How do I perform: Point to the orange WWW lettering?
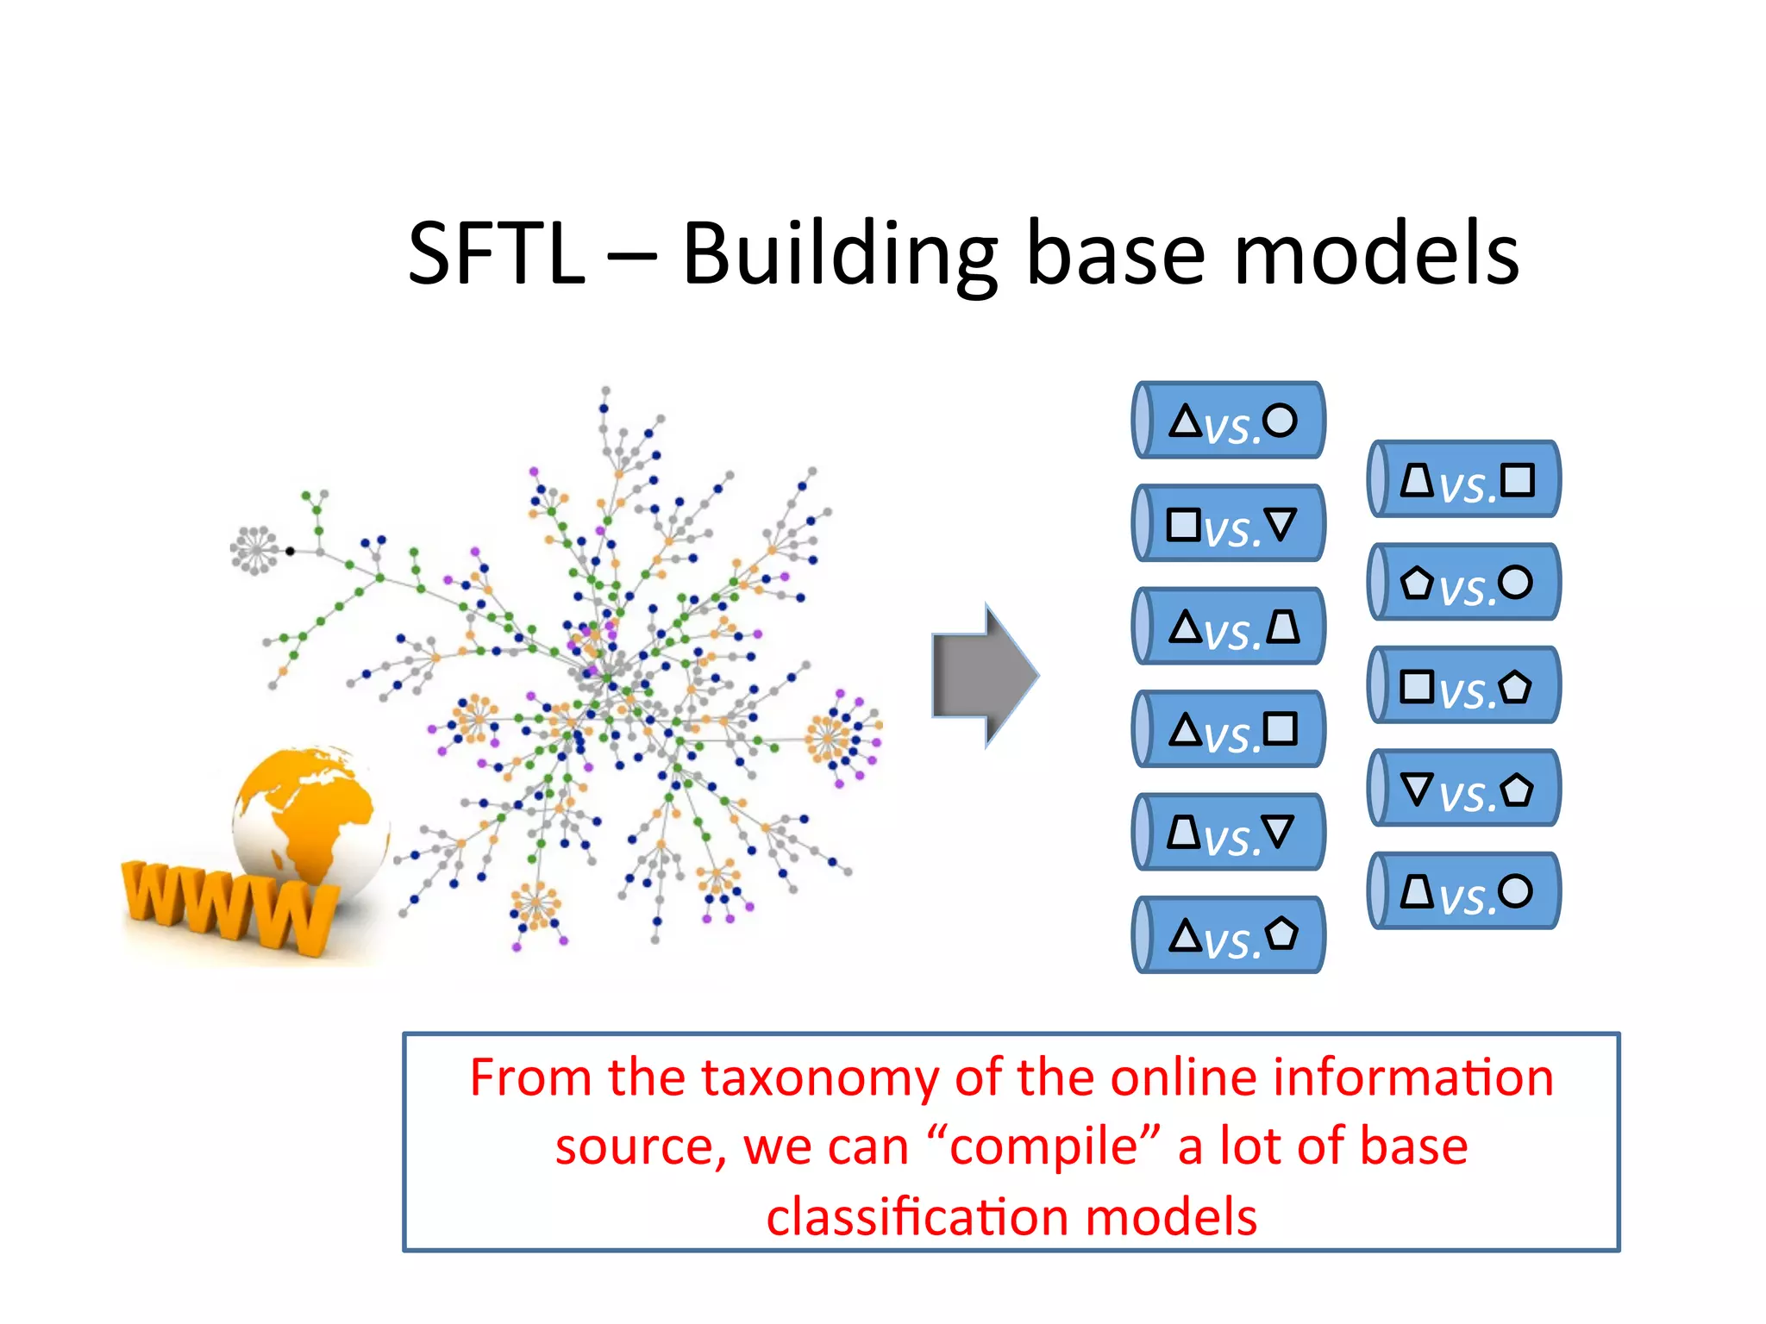coord(229,905)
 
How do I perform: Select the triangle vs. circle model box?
coord(1230,421)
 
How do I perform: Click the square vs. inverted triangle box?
coord(1230,524)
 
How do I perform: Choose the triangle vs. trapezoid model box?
coord(1230,627)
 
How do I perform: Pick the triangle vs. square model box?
coord(1230,729)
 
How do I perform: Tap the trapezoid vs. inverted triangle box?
coord(1230,833)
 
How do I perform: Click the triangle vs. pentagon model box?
coord(1230,935)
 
